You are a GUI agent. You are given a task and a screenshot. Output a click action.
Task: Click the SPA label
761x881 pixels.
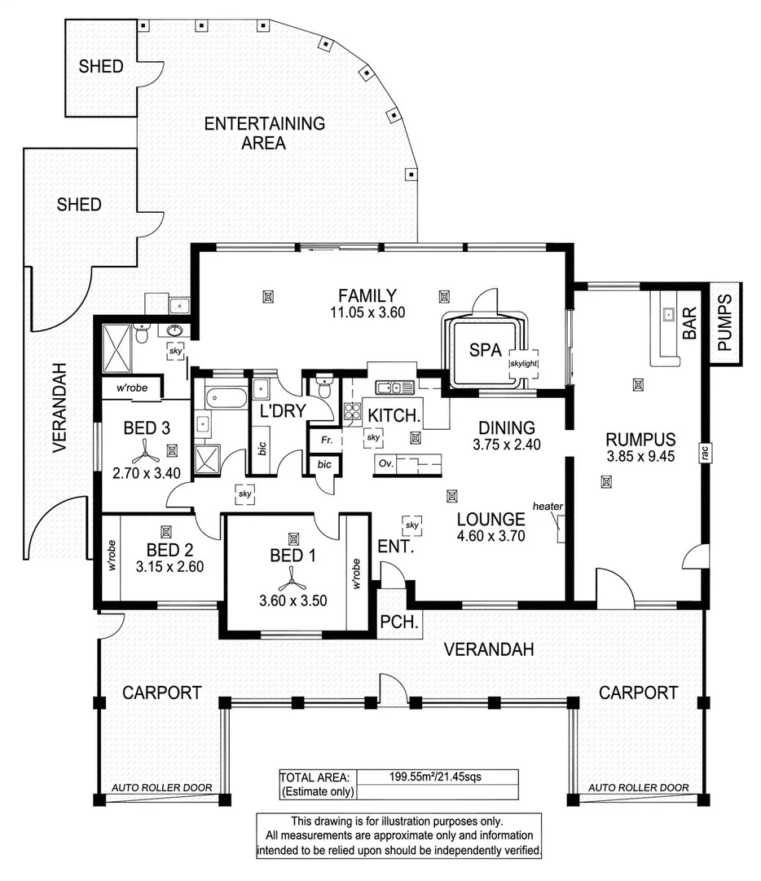(x=486, y=350)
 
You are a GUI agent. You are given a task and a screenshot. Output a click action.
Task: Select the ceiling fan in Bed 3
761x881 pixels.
(x=145, y=450)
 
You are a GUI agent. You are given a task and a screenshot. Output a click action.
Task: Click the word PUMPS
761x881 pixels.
(x=724, y=322)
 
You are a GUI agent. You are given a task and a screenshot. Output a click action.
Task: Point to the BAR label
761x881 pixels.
(x=689, y=322)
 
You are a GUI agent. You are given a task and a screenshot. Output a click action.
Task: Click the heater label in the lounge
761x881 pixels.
(x=548, y=507)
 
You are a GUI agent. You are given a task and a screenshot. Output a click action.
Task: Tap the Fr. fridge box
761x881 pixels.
(x=326, y=441)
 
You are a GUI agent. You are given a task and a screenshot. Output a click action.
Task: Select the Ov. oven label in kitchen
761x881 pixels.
(x=385, y=463)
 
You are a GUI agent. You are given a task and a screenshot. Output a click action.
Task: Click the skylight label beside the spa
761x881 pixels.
(x=524, y=364)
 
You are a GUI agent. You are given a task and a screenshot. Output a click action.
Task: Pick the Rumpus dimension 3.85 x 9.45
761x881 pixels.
(x=640, y=456)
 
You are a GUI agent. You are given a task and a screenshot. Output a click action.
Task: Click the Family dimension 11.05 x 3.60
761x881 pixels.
(x=367, y=312)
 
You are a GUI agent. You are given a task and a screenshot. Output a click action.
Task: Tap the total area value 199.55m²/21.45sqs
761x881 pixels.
(x=436, y=777)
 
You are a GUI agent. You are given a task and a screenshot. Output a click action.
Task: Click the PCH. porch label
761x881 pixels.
(x=399, y=622)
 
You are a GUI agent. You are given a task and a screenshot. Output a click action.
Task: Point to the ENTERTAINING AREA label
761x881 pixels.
(x=264, y=133)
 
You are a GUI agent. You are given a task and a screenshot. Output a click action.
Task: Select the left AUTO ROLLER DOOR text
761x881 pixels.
(x=161, y=788)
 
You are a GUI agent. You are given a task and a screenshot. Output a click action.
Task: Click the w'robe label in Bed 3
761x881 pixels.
(x=133, y=387)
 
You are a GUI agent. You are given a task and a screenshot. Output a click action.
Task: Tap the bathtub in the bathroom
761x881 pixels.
(x=227, y=399)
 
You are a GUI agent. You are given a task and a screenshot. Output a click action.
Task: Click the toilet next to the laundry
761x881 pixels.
(x=324, y=387)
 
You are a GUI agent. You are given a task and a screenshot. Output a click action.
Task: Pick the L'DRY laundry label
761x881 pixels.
(x=282, y=410)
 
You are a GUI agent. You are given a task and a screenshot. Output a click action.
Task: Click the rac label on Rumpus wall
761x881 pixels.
(x=706, y=452)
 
